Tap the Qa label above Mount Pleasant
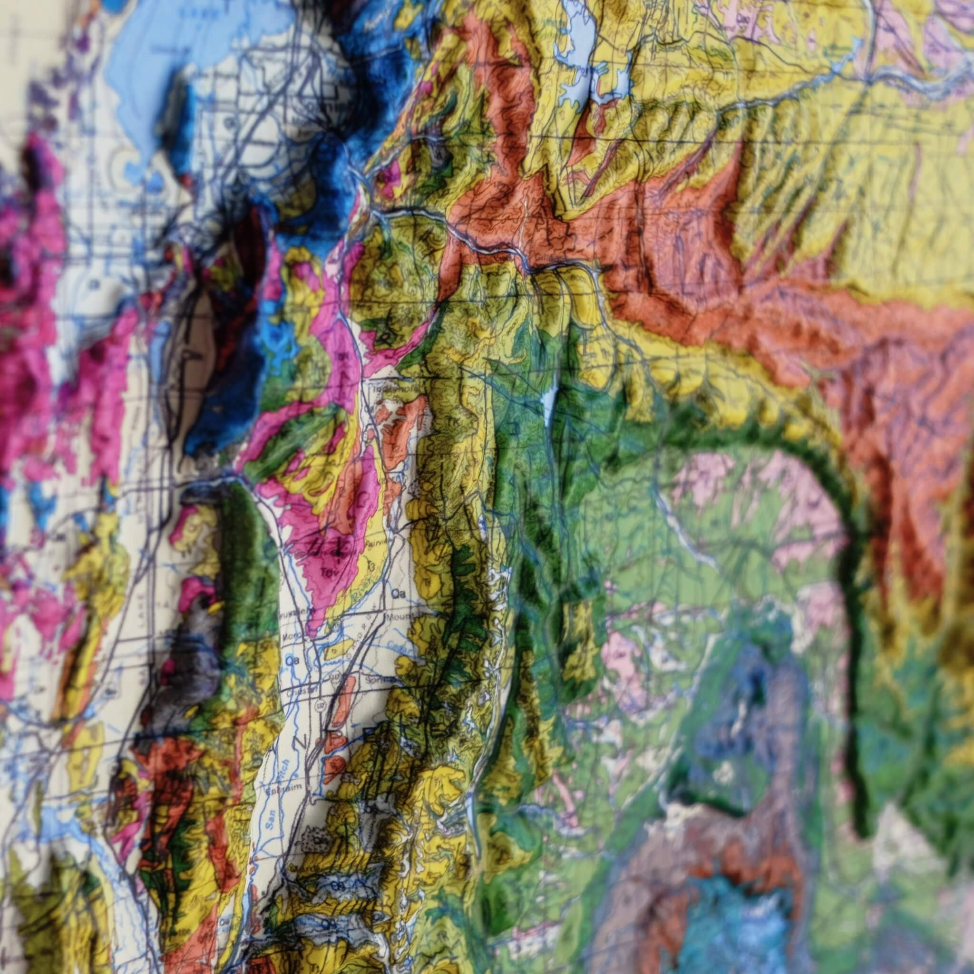pos(398,594)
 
